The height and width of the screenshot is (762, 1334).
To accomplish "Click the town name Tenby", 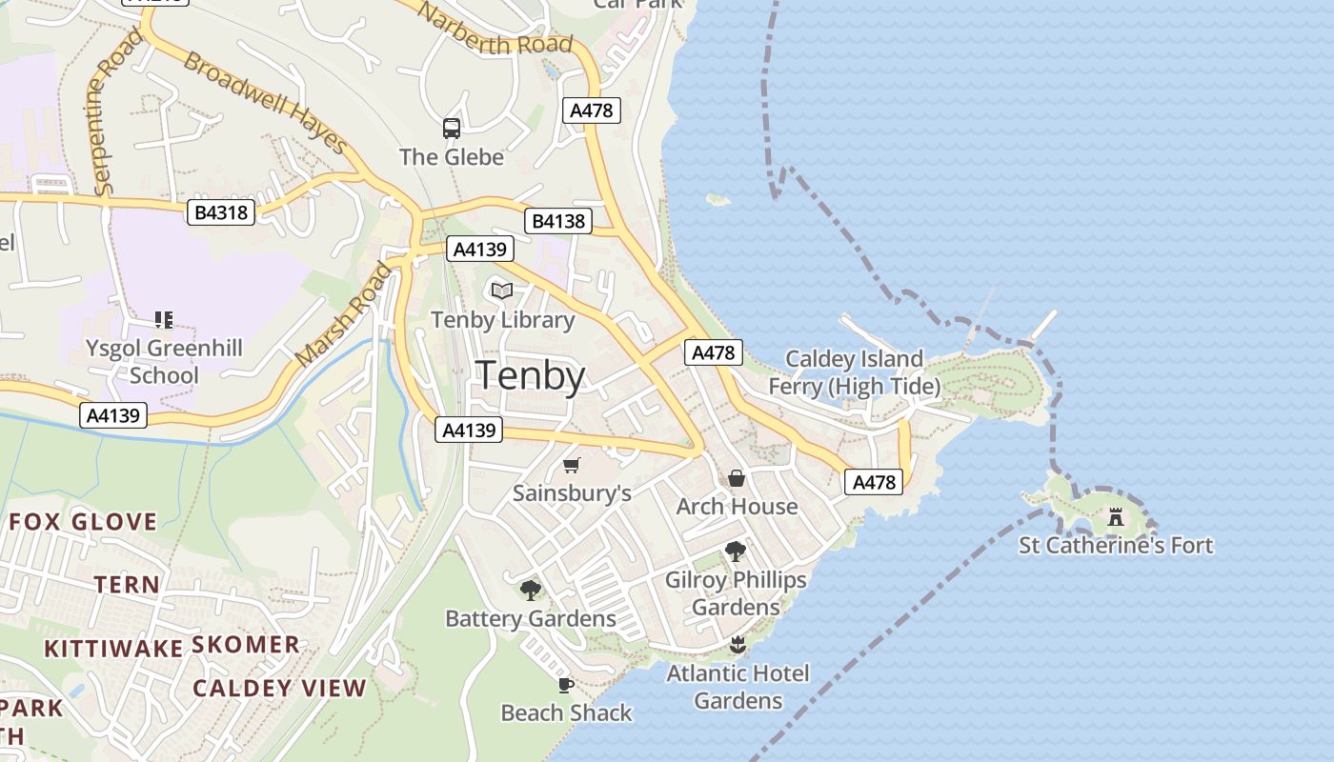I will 530,376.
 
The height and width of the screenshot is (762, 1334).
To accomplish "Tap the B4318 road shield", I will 221,211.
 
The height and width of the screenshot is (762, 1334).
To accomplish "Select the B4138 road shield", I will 558,222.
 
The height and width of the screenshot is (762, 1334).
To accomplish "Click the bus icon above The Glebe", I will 452,129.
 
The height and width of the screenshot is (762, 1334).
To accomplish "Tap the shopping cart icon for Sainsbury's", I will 572,465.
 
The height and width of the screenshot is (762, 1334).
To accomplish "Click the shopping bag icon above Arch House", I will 737,478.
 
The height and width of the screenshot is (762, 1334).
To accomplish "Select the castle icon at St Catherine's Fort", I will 1116,517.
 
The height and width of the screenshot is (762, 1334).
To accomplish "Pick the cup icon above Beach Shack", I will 566,685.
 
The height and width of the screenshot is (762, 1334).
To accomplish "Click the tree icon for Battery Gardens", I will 531,591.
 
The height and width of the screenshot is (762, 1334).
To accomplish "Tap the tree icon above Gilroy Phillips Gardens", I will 735,551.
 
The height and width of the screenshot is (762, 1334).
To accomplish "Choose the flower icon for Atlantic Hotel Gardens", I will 737,646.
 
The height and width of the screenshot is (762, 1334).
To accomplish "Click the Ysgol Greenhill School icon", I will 164,320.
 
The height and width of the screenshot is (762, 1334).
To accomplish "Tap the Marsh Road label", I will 343,315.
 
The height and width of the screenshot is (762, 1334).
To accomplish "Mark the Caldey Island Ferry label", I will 854,372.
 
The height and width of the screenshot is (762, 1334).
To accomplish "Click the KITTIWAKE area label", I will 113,649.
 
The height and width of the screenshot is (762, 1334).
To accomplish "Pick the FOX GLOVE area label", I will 83,521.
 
